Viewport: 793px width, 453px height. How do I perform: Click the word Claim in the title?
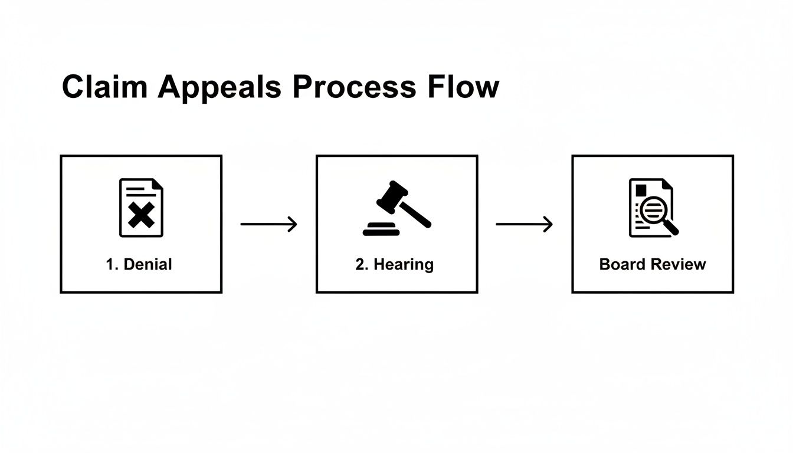click(104, 87)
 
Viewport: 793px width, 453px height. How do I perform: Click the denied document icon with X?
click(141, 208)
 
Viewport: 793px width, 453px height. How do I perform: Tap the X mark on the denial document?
click(141, 215)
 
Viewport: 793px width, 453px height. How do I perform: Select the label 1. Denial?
click(139, 264)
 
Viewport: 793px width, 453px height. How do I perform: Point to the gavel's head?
click(392, 196)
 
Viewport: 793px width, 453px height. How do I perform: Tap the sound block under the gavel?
click(381, 230)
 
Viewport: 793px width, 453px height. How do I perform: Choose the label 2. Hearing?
click(395, 264)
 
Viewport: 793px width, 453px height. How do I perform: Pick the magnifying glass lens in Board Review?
click(652, 211)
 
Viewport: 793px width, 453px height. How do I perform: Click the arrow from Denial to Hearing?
click(268, 224)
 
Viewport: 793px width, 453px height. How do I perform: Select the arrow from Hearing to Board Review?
click(524, 224)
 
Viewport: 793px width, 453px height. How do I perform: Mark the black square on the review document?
click(641, 189)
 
